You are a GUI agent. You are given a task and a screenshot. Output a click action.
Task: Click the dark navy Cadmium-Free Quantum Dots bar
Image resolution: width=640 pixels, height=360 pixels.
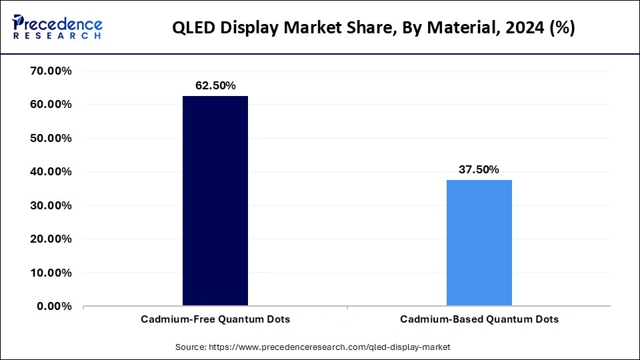click(x=215, y=201)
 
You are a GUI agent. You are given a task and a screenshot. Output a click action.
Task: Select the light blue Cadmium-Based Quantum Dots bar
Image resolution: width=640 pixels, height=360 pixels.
click(x=479, y=243)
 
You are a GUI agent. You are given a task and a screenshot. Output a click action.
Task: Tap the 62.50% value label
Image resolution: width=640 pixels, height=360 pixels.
click(x=215, y=85)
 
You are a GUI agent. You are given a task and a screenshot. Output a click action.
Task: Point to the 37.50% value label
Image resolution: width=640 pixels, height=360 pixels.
click(x=479, y=169)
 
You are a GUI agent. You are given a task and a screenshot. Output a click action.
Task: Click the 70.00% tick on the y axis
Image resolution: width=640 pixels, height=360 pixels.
click(x=51, y=71)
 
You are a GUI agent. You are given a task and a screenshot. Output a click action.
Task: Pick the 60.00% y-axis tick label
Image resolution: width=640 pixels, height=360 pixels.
click(x=51, y=105)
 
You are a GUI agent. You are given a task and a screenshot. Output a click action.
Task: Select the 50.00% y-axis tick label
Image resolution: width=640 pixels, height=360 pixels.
click(x=51, y=138)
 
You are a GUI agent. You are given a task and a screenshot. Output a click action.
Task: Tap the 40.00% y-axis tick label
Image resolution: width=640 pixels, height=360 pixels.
click(x=51, y=172)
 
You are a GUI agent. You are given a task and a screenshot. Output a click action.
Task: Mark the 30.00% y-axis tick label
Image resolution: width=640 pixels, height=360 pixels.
click(x=51, y=205)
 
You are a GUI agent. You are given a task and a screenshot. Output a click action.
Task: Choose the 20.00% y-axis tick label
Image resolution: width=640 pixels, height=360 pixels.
click(x=51, y=239)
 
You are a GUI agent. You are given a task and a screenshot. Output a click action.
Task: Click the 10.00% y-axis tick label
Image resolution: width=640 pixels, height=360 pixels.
click(x=51, y=273)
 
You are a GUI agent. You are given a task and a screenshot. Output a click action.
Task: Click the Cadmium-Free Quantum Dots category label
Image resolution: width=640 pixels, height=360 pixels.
click(x=215, y=319)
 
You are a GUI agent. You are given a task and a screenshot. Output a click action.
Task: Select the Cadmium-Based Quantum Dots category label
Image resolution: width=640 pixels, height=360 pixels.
click(x=479, y=319)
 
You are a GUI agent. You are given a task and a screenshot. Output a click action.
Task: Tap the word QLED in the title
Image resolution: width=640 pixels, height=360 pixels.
click(x=195, y=28)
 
